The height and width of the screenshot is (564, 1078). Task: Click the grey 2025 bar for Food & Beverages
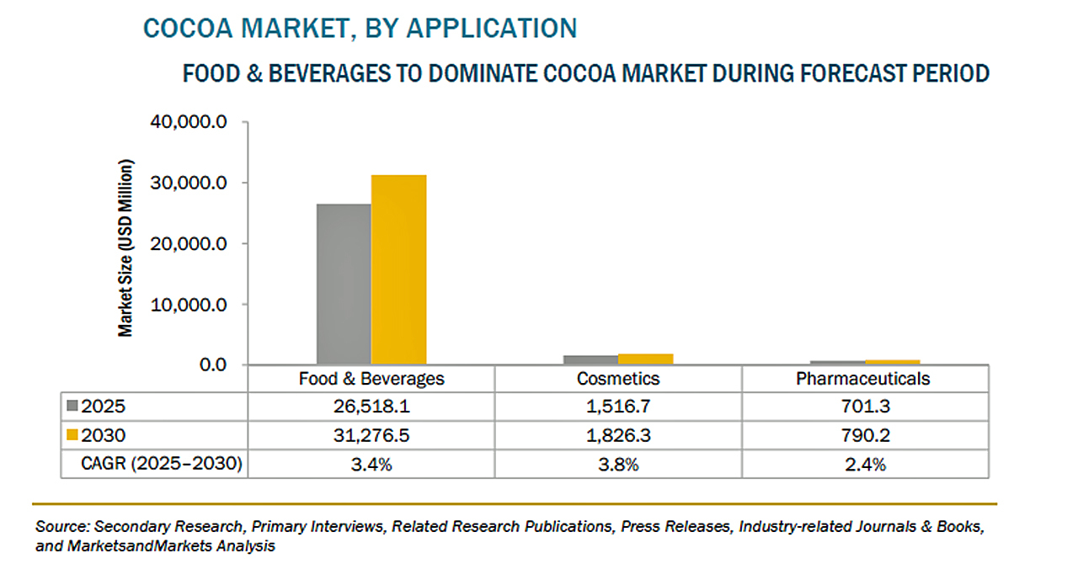(344, 284)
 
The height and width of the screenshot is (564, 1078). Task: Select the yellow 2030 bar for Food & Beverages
(398, 269)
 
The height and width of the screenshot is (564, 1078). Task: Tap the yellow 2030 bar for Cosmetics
(645, 359)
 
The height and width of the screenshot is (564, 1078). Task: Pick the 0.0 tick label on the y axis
(212, 364)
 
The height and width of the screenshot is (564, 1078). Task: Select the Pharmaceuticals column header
(863, 379)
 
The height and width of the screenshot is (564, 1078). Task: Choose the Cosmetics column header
(618, 379)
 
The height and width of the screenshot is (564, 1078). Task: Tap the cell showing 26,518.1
(371, 407)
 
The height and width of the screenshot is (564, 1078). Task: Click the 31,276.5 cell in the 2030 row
(371, 435)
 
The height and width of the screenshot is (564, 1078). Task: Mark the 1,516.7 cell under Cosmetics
(618, 407)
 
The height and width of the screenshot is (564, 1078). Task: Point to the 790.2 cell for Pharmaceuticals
(863, 435)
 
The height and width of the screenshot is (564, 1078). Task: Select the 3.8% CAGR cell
(618, 464)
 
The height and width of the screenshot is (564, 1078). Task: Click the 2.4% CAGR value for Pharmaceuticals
(863, 464)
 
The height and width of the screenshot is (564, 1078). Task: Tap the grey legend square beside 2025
(72, 407)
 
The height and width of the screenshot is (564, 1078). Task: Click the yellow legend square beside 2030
(72, 435)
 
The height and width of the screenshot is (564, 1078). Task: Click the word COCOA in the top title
(181, 28)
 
